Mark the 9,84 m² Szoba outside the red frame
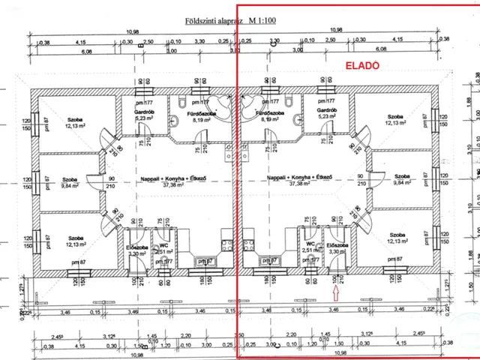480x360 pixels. tap(70, 180)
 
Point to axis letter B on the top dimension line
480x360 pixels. tap(139, 43)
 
